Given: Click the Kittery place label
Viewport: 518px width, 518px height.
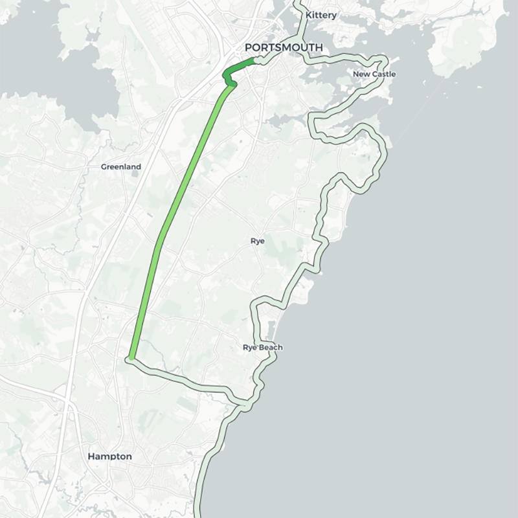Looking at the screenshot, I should coord(321,15).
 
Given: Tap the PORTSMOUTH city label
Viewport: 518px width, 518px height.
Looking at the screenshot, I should coord(283,47).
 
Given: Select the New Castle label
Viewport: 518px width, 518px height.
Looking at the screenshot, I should coord(374,74).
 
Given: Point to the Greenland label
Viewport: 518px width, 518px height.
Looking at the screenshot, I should coord(120,167).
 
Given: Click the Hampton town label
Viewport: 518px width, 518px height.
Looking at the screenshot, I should coord(109,456).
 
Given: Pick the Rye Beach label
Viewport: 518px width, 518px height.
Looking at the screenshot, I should coord(262,348).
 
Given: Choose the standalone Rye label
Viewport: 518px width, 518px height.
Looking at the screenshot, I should coord(258,241).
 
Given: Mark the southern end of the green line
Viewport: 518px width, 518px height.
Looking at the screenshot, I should coord(131,357).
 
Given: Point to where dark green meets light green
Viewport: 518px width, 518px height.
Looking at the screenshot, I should coord(232,85).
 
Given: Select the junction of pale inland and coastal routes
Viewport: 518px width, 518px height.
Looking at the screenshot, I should coord(245,405).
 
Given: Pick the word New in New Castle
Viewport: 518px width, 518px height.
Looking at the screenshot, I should coord(361,74).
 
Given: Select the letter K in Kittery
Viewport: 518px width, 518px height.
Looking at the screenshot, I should coord(308,15).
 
